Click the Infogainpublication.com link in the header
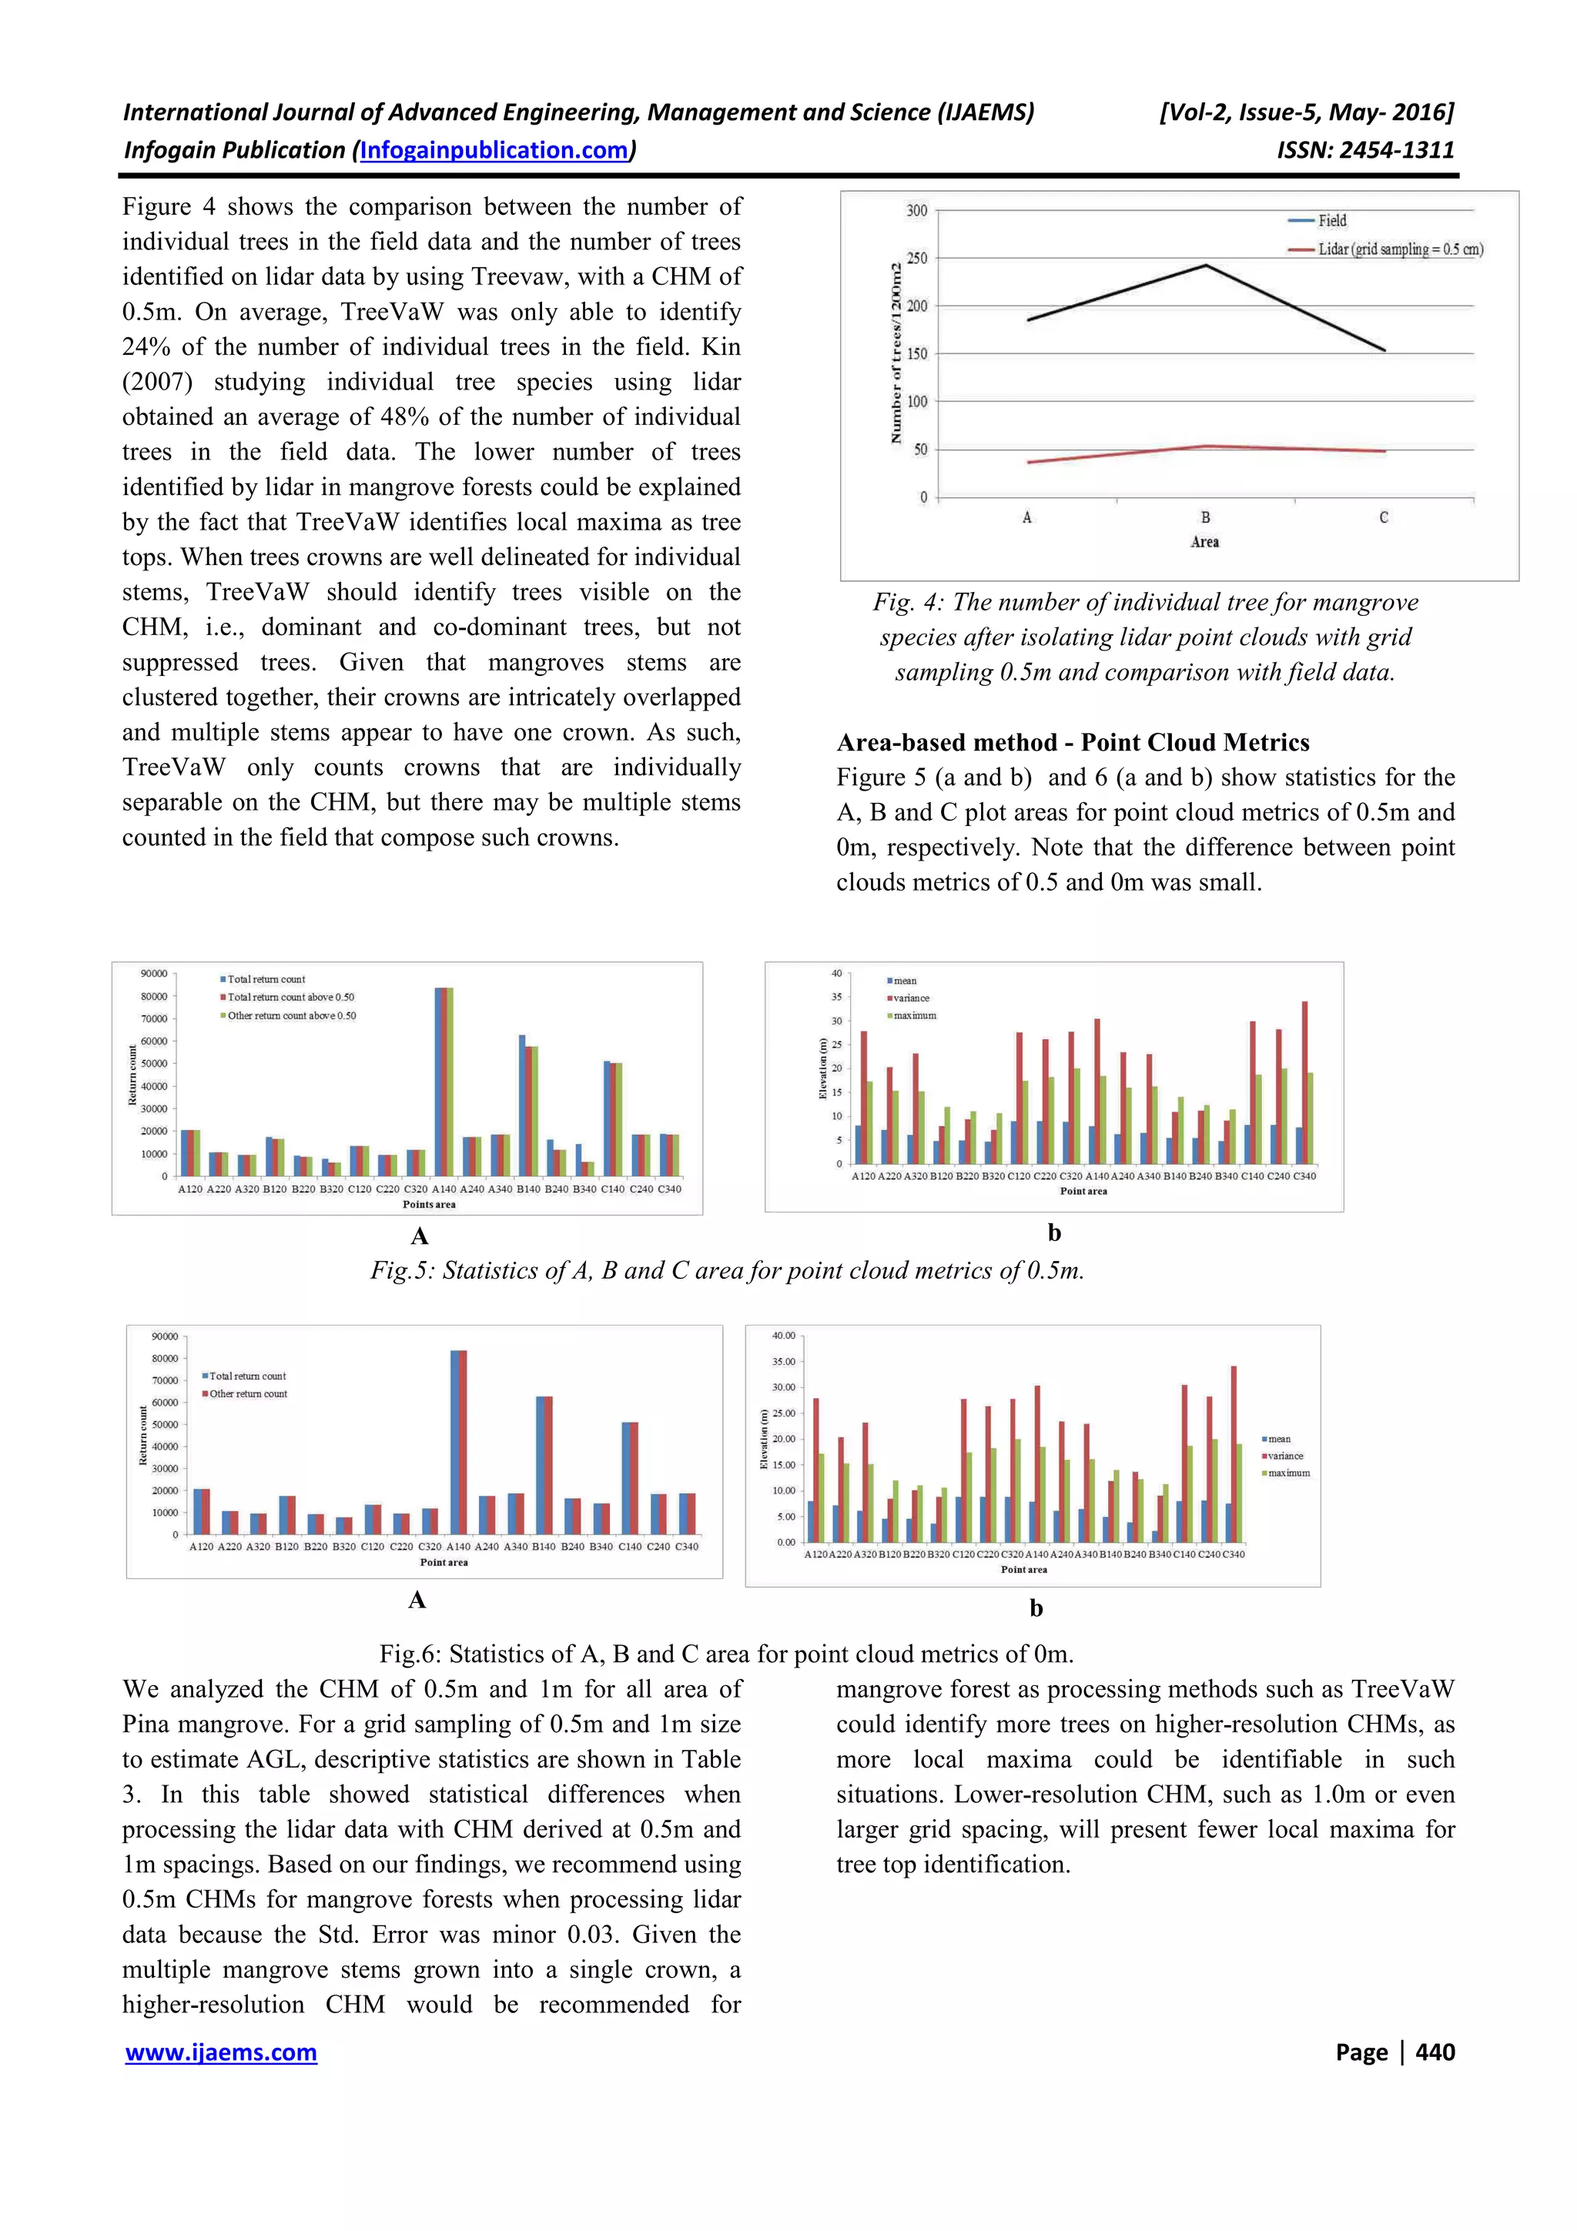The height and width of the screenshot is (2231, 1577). click(494, 151)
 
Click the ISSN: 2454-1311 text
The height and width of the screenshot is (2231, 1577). click(1365, 151)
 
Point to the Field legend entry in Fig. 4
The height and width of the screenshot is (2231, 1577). click(1331, 221)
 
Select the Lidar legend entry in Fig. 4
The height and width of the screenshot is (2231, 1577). click(1399, 249)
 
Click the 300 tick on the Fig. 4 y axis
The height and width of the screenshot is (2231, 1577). click(916, 210)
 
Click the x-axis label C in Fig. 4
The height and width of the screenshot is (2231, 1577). click(1384, 518)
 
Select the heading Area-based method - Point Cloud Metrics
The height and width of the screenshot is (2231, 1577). click(1073, 742)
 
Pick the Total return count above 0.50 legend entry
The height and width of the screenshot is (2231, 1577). click(290, 997)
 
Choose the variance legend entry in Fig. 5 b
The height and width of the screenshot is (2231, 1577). click(910, 998)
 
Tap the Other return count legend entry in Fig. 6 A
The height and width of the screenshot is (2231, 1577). click(248, 1393)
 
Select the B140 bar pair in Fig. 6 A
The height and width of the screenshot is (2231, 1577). click(544, 1464)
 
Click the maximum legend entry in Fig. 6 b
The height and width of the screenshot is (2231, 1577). click(1288, 1473)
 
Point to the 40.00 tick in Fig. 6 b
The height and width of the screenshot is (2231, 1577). click(783, 1336)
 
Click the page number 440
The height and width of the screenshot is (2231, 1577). click(1435, 2052)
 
